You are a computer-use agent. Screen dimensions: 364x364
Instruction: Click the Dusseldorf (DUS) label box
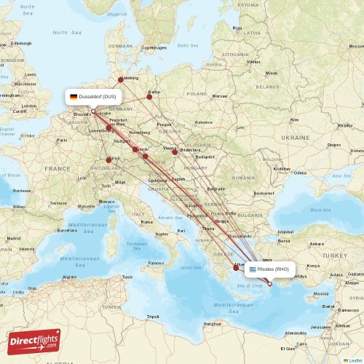tap(93, 96)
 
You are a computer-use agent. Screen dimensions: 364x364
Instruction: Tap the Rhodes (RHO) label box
tap(269, 269)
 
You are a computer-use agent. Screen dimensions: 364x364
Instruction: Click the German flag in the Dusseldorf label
tap(74, 96)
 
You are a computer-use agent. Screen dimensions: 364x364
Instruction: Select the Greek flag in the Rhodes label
tap(253, 269)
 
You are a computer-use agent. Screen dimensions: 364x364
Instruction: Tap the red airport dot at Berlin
tap(150, 96)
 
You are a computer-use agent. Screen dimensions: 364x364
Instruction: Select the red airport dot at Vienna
tap(174, 152)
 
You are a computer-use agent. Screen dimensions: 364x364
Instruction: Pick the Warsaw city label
tap(220, 95)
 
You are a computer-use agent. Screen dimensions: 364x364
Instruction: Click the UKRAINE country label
tap(295, 137)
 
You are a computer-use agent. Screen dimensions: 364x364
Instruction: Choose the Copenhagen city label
tap(154, 47)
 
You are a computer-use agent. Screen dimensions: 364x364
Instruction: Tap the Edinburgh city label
tap(20, 43)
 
